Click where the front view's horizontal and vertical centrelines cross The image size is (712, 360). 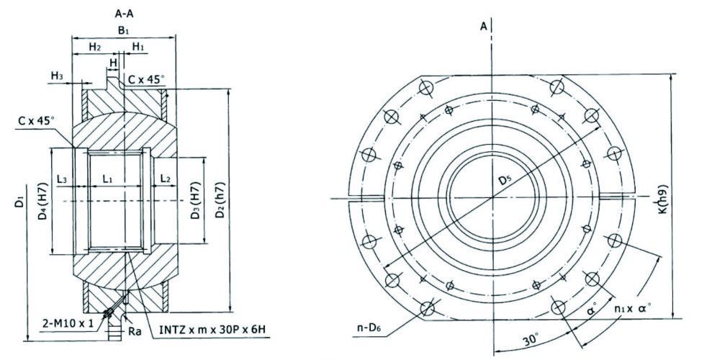click(492, 198)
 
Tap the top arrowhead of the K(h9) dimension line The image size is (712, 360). click(671, 75)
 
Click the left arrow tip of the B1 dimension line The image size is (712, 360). click(72, 37)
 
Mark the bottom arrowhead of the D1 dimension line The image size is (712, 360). click(28, 340)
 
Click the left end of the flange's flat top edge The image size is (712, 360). click(422, 75)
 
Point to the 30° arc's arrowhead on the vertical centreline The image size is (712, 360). click(494, 350)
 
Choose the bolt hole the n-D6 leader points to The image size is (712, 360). click(427, 308)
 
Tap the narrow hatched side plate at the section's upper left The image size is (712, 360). click(85, 108)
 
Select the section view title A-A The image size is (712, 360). click(124, 14)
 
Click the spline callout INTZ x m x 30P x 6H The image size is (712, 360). click(212, 329)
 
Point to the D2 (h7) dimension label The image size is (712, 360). click(220, 201)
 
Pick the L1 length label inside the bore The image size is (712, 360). click(107, 179)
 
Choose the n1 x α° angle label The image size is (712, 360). click(633, 307)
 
